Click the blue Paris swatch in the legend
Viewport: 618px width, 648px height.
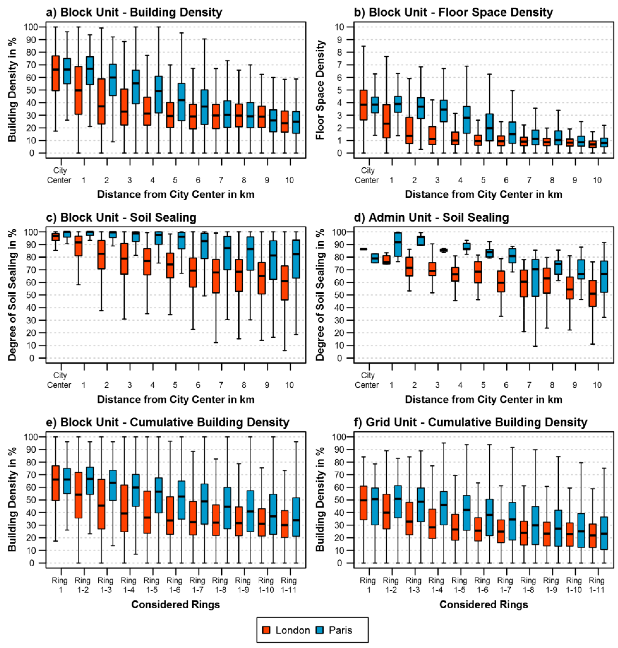pos(320,630)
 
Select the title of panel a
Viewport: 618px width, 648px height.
pos(134,12)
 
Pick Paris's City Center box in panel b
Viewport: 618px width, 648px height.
pos(375,105)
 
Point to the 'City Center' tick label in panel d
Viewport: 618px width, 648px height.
pos(367,380)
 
